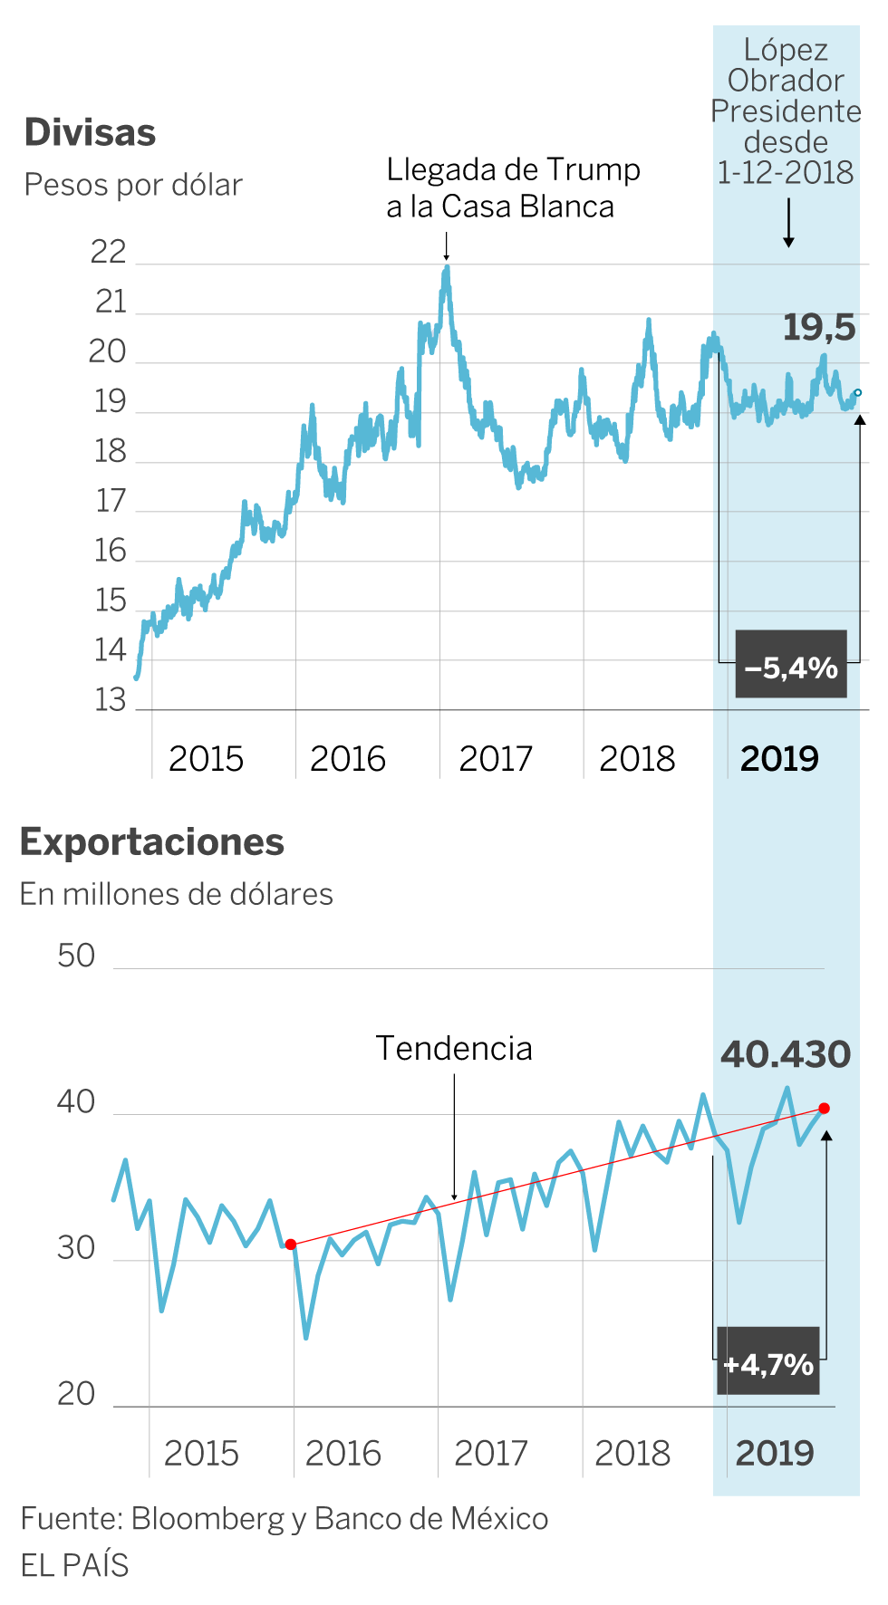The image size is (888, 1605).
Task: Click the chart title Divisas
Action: pyautogui.click(x=90, y=132)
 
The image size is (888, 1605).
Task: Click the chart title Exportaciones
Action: pyautogui.click(x=151, y=842)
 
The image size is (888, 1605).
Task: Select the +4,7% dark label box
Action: pyautogui.click(x=768, y=1362)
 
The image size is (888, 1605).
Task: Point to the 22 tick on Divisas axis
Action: pyautogui.click(x=109, y=253)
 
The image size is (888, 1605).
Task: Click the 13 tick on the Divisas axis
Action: pyautogui.click(x=111, y=700)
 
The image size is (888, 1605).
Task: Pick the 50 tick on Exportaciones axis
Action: pyautogui.click(x=76, y=956)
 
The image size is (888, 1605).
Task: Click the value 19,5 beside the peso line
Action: pyautogui.click(x=818, y=327)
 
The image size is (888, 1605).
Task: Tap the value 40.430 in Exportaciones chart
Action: pyautogui.click(x=786, y=1054)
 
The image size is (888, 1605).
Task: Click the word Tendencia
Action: pyautogui.click(x=454, y=1049)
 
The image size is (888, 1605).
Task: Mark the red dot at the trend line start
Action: pyautogui.click(x=291, y=1245)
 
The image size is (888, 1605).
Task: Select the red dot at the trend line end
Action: pyautogui.click(x=824, y=1109)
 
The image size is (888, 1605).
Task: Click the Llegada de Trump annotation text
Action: pyautogui.click(x=513, y=187)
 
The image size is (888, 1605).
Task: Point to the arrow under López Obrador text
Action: pyautogui.click(x=788, y=223)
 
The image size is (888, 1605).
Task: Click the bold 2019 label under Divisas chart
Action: pyautogui.click(x=779, y=759)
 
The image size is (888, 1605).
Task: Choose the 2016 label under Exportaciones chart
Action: pyautogui.click(x=343, y=1453)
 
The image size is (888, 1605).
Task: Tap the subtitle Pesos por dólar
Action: pyautogui.click(x=133, y=185)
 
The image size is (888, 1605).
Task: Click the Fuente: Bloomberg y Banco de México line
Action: pyautogui.click(x=284, y=1519)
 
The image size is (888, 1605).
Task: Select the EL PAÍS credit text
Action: pyautogui.click(x=74, y=1565)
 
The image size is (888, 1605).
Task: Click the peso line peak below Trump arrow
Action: pyautogui.click(x=447, y=268)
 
